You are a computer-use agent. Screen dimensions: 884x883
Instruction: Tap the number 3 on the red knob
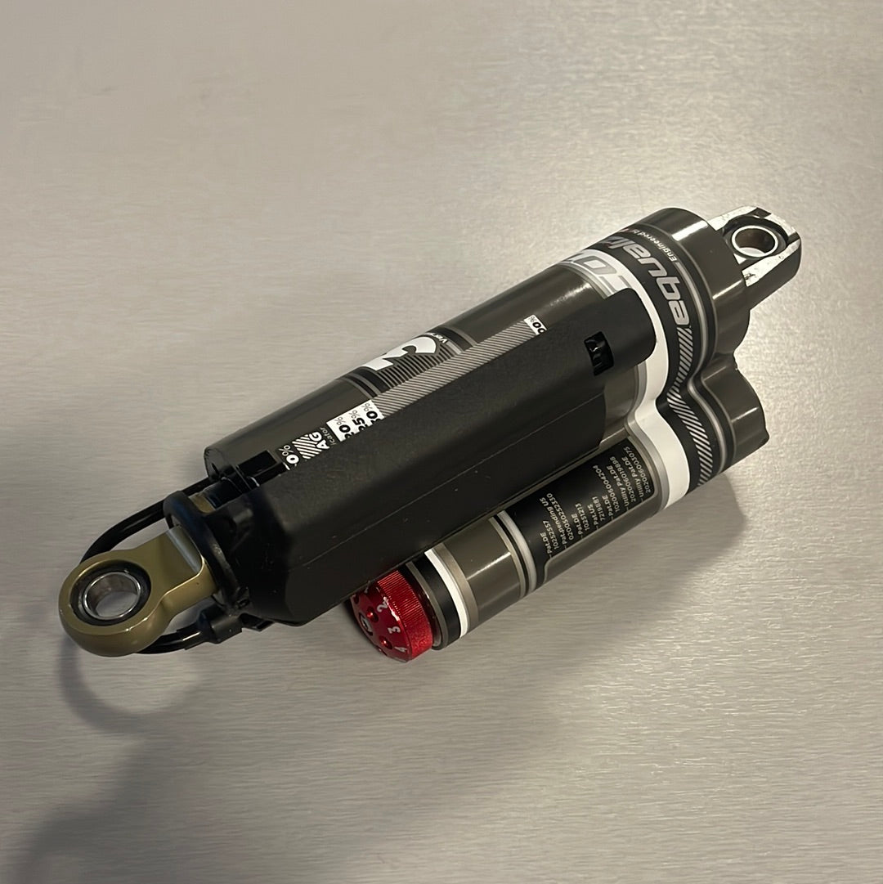pyautogui.click(x=395, y=630)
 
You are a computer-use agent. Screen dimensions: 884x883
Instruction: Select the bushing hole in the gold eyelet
pyautogui.click(x=113, y=595)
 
